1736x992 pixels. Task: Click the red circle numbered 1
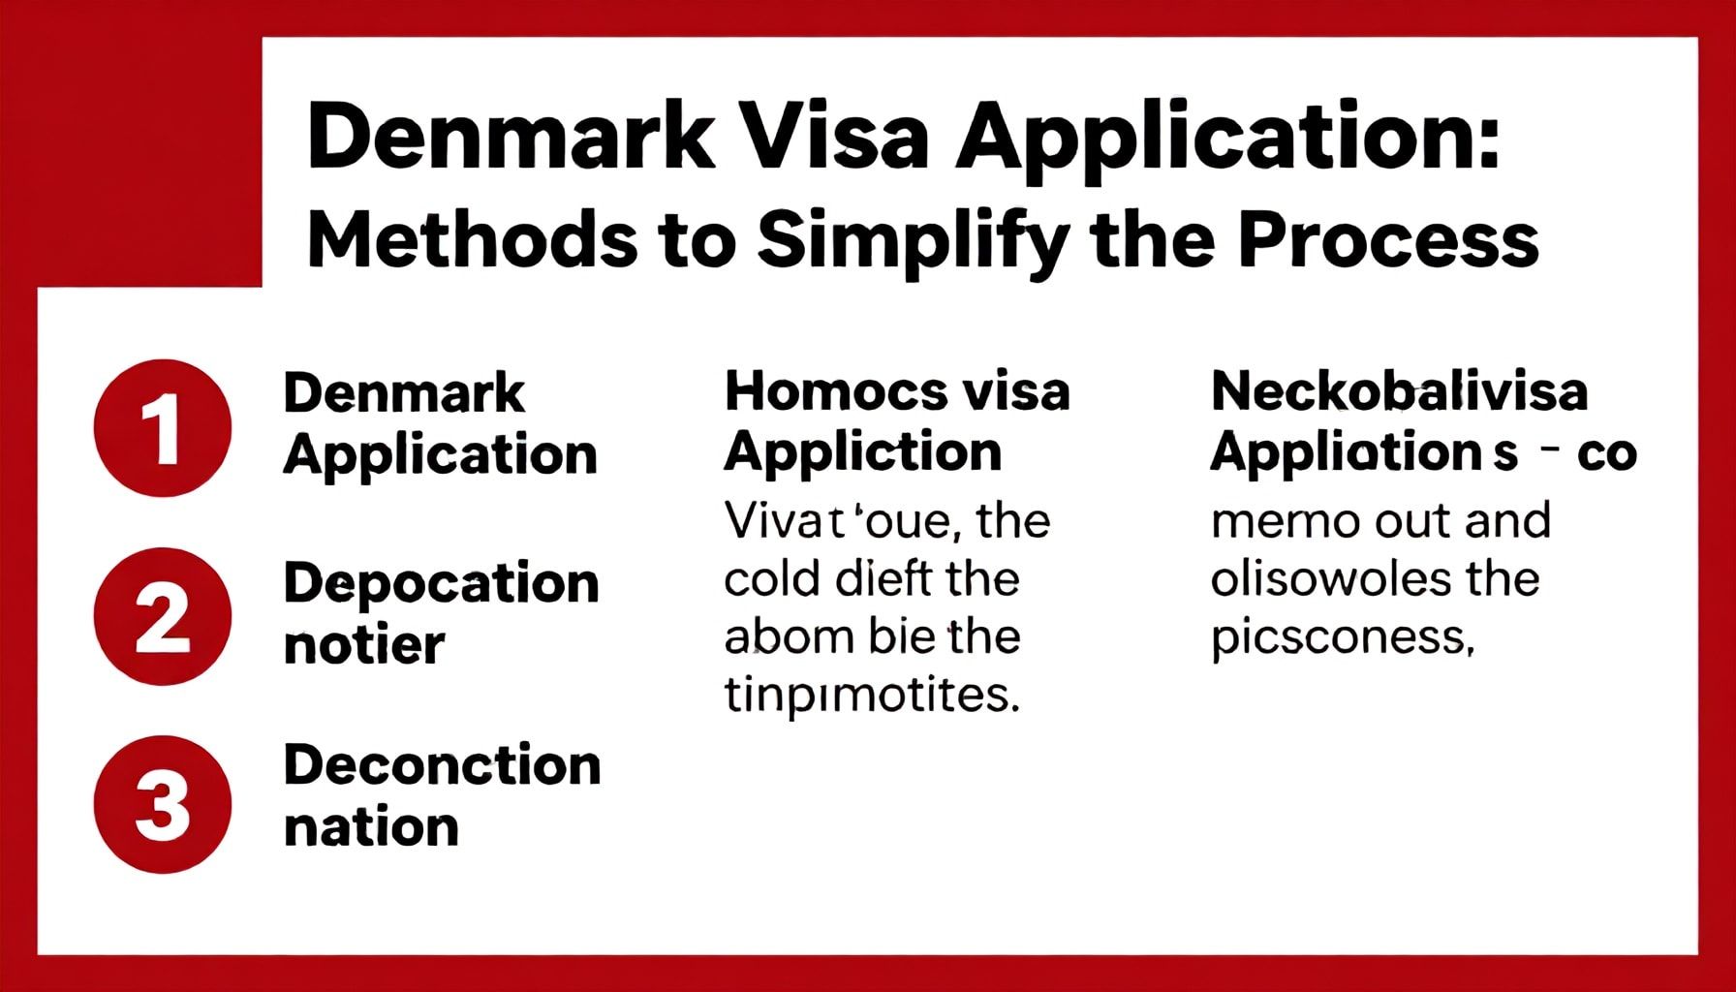pyautogui.click(x=163, y=428)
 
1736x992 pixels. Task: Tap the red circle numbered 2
pyautogui.click(x=163, y=616)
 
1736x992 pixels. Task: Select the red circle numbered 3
pyautogui.click(x=163, y=804)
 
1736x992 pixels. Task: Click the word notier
pyautogui.click(x=364, y=644)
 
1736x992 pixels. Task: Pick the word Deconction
pyautogui.click(x=443, y=765)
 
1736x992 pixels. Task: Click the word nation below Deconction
pyautogui.click(x=371, y=827)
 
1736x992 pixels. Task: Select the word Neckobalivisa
pyautogui.click(x=1400, y=392)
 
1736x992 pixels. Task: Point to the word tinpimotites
pyautogui.click(x=872, y=696)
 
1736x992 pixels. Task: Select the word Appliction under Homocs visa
pyautogui.click(x=863, y=453)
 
